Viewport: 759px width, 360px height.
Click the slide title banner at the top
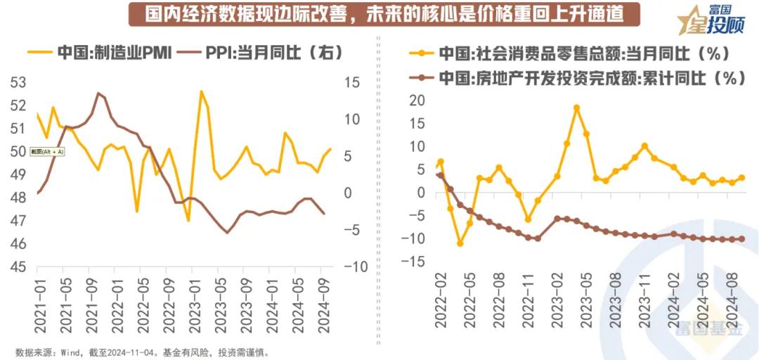point(375,14)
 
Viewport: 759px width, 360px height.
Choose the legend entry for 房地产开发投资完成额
point(583,78)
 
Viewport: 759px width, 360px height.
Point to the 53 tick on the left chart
point(18,83)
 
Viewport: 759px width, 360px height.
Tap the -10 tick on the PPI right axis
point(351,267)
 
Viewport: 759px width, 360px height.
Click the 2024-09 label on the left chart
point(325,307)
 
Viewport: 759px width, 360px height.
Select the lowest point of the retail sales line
point(460,243)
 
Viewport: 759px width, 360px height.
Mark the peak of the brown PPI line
point(98,93)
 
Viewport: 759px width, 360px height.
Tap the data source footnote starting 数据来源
point(141,352)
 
